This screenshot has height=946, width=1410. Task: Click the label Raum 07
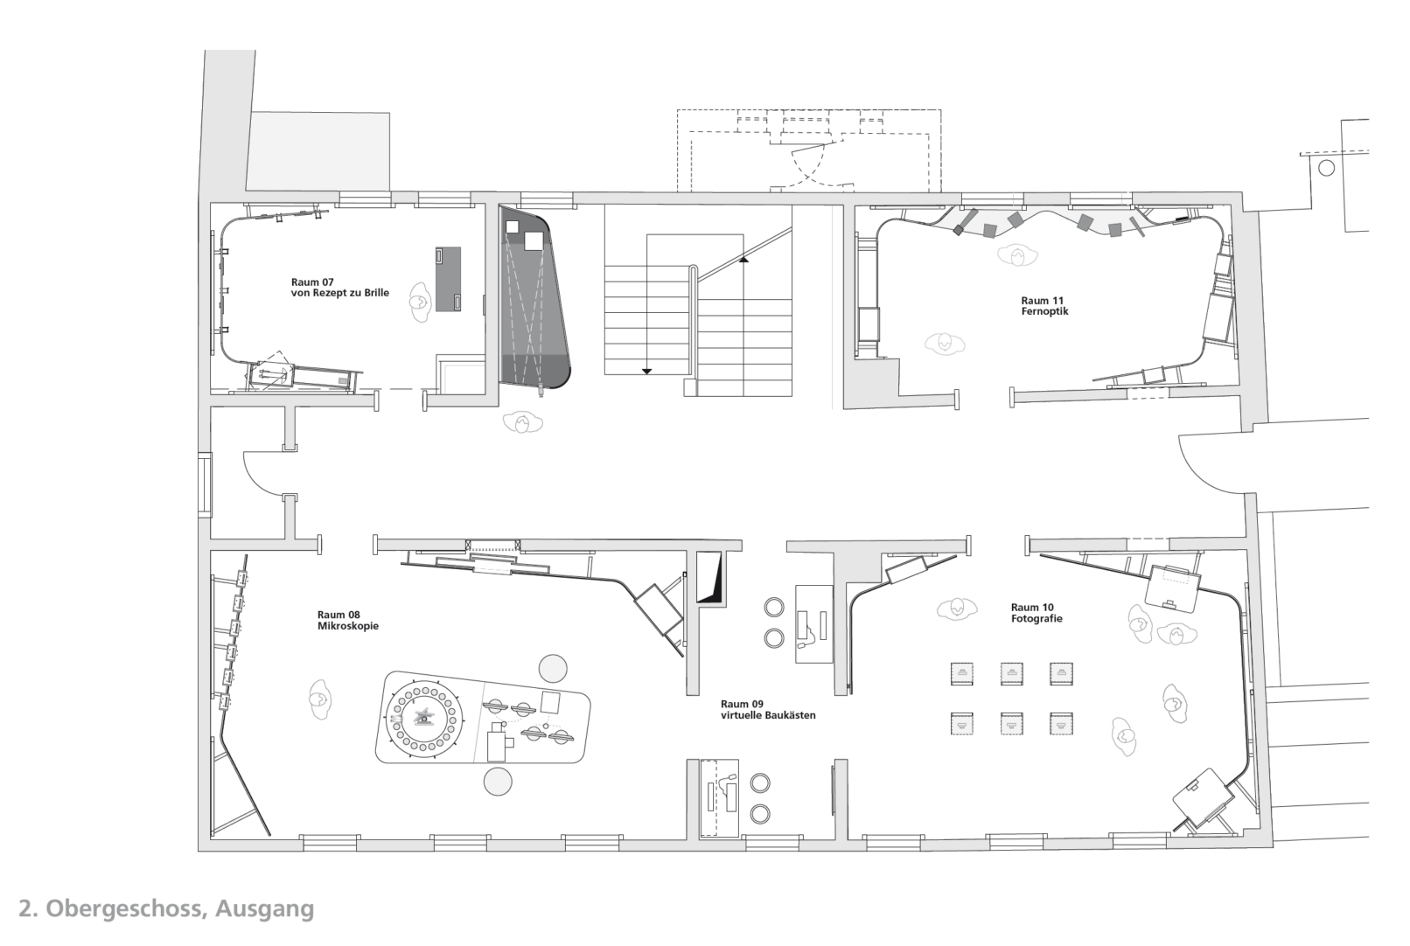[312, 282]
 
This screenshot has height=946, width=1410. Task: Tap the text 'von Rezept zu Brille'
[340, 293]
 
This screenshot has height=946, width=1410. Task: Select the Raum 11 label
[1042, 301]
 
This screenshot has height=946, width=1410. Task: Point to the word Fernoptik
[1045, 311]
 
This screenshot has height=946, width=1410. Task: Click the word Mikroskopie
[348, 626]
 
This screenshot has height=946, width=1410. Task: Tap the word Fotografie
[1037, 618]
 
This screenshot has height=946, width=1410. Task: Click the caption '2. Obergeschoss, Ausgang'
[166, 909]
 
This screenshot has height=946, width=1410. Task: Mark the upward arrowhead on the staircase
[743, 259]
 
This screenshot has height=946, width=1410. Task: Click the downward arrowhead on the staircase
[646, 371]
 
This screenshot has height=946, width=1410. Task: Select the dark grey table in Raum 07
[448, 279]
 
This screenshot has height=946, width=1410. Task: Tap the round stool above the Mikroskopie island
[554, 668]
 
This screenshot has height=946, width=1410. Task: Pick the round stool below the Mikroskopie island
[498, 782]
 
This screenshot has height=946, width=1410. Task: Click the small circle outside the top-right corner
[1326, 168]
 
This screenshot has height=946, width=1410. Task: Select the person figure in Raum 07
[418, 302]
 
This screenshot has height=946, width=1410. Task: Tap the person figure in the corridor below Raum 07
[522, 422]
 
